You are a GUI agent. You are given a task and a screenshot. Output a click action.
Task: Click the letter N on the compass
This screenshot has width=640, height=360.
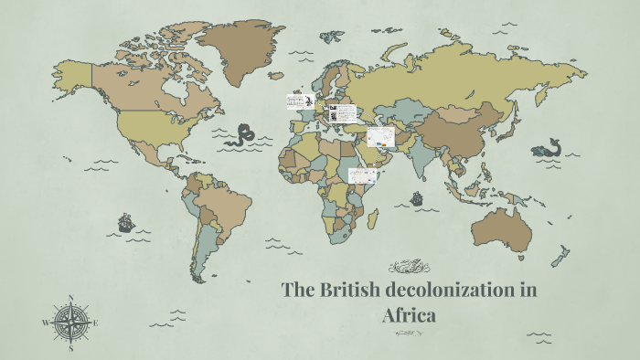(x=71, y=297)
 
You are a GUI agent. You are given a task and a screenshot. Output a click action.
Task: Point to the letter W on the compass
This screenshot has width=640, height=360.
(x=46, y=323)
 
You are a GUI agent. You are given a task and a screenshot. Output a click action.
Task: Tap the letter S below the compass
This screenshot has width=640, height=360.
(x=71, y=348)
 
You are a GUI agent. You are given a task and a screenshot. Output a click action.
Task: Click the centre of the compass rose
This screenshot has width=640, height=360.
(x=71, y=323)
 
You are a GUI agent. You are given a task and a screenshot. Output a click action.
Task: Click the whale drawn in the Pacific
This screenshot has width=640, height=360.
(x=548, y=148)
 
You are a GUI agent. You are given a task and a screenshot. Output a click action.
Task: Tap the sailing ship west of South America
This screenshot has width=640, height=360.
(x=126, y=222)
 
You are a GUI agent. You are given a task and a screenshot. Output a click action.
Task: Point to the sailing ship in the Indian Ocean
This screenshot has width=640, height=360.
(x=417, y=196)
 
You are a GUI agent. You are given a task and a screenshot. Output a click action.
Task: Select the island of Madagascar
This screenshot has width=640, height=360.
(x=373, y=219)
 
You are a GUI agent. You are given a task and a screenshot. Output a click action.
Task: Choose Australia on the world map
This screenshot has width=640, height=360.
(x=500, y=228)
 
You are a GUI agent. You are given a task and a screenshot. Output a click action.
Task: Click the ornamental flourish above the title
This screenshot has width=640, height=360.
(x=408, y=267)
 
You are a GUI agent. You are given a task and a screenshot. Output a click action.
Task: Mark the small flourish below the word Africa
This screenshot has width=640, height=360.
(x=408, y=334)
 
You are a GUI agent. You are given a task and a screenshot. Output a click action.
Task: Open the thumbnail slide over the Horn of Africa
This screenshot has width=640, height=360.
(x=363, y=175)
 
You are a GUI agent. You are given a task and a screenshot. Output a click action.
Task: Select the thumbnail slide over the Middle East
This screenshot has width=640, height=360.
(x=380, y=138)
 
